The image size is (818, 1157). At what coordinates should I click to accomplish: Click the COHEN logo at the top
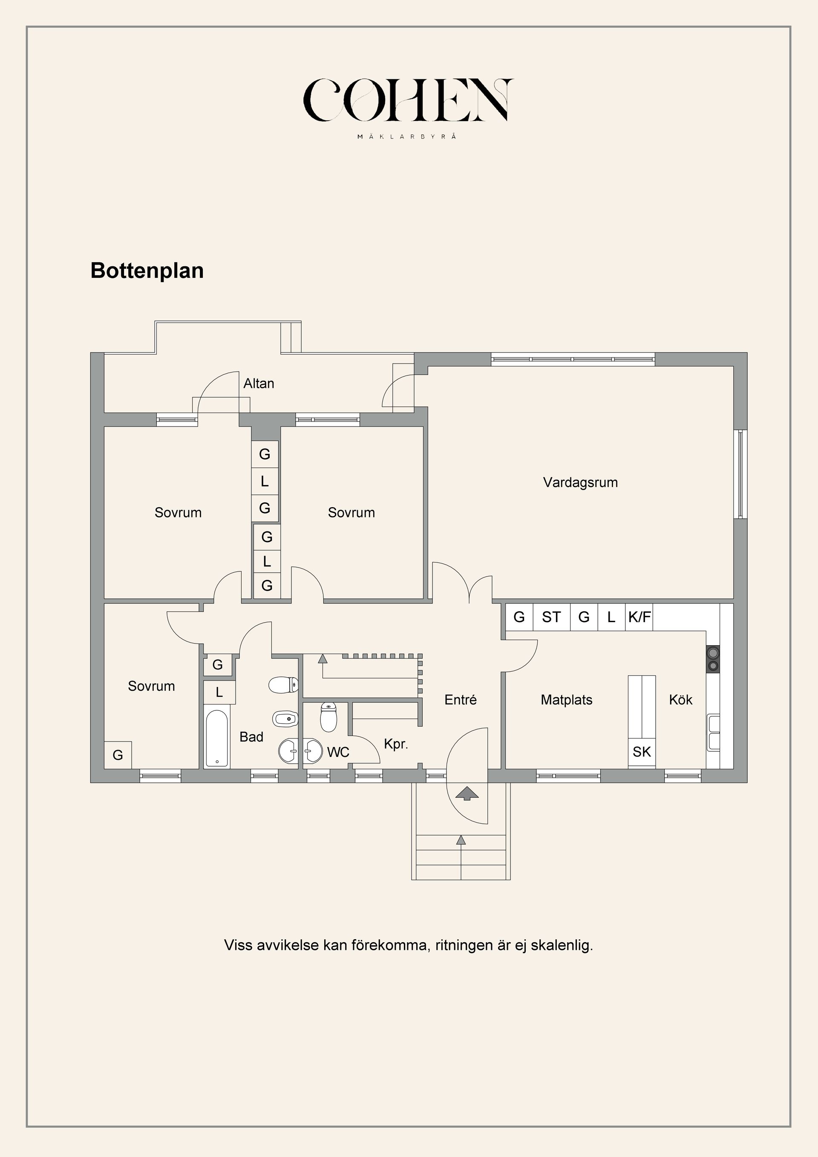[x=408, y=100]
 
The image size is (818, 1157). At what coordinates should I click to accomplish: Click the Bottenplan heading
[x=147, y=271]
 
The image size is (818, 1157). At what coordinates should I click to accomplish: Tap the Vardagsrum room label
[x=580, y=482]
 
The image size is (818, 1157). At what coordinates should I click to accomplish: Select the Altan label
[x=259, y=384]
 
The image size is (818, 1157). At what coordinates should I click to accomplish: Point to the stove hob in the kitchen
[x=712, y=659]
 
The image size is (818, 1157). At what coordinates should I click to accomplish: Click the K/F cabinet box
[x=639, y=617]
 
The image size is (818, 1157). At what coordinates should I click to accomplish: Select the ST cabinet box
[x=551, y=617]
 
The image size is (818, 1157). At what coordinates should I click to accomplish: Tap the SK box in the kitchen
[x=641, y=752]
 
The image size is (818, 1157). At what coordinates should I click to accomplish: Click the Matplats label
[x=566, y=699]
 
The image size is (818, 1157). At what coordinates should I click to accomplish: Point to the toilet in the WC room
[x=328, y=717]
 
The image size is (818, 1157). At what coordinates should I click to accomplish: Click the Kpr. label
[x=395, y=744]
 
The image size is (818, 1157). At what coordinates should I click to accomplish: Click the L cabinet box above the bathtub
[x=219, y=692]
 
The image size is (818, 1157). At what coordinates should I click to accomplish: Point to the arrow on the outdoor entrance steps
[x=461, y=840]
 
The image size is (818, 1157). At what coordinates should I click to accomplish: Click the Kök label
[x=680, y=699]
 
